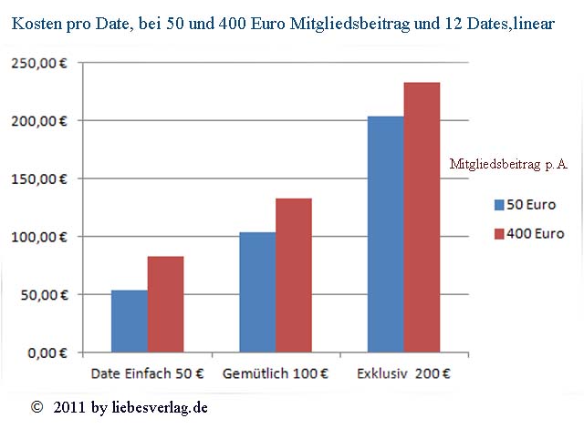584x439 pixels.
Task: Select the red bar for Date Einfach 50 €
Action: coord(165,304)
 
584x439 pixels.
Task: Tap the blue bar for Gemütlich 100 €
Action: coord(257,291)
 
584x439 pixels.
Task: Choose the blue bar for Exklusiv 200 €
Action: coord(385,234)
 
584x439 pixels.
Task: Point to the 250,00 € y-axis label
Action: coord(39,63)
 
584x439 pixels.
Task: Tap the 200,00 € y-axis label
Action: coord(39,121)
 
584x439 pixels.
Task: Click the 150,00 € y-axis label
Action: coord(39,179)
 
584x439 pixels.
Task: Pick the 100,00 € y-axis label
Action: coord(39,237)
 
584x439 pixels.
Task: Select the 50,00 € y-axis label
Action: coord(43,294)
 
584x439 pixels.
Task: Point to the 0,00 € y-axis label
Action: coord(47,352)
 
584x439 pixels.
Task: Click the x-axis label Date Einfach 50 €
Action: coord(147,373)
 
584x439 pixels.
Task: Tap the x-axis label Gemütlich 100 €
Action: coord(276,373)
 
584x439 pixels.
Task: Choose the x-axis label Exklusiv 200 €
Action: coord(402,373)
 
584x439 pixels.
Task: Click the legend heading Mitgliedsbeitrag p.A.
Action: coord(509,164)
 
